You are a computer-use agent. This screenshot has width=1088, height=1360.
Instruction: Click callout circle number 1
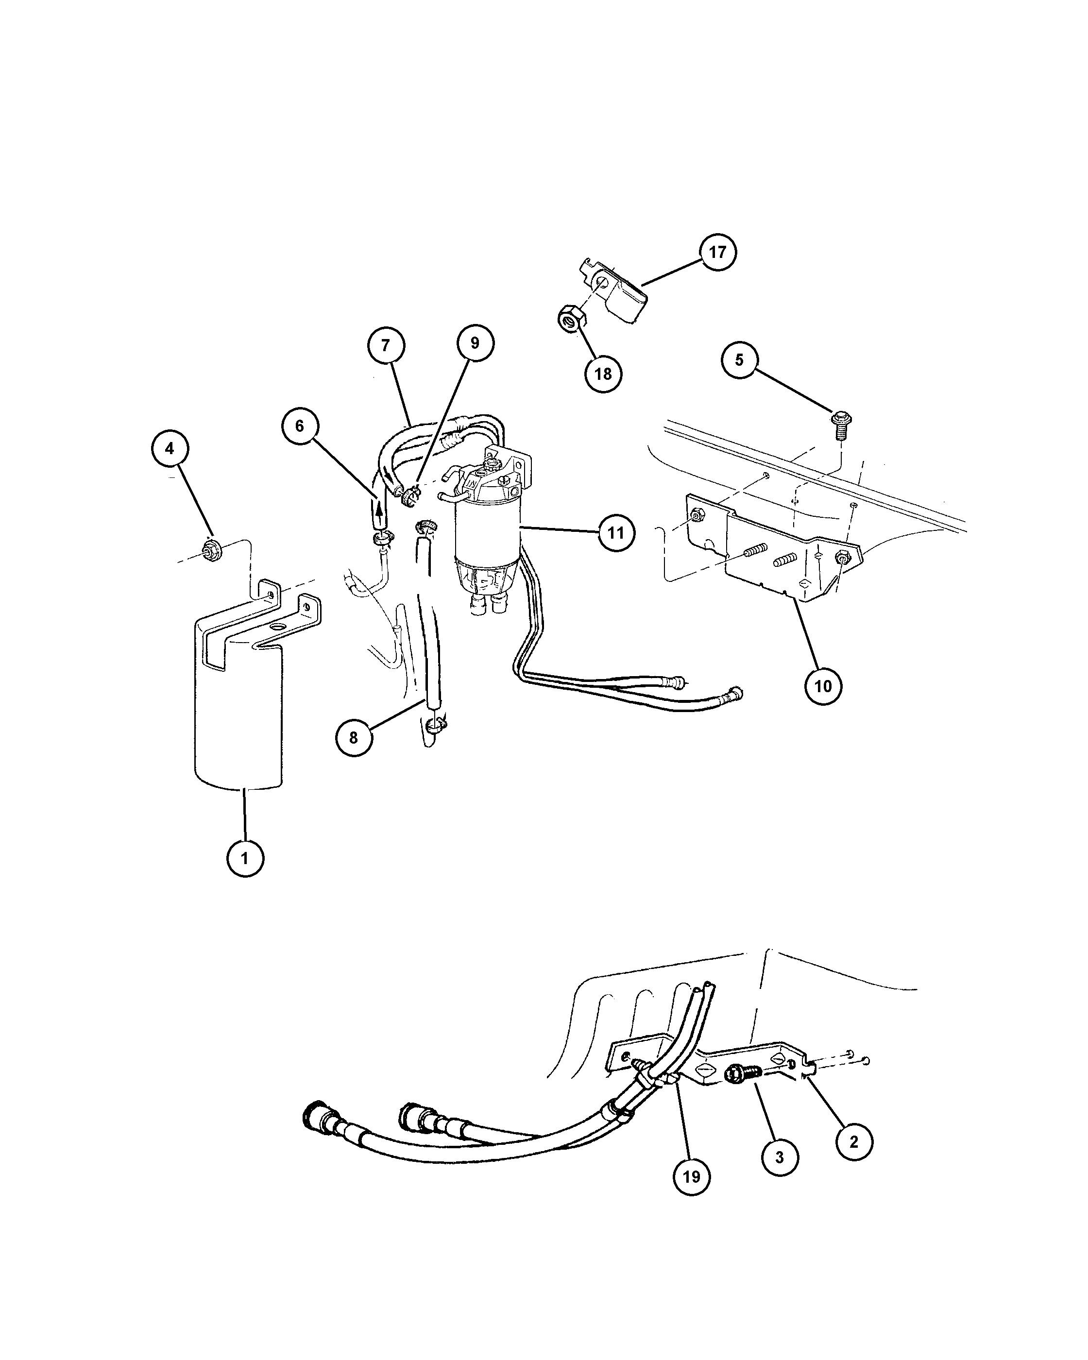(x=245, y=858)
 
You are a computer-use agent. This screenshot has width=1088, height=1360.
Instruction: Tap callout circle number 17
(x=717, y=252)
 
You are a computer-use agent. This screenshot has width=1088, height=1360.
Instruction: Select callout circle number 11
(x=615, y=533)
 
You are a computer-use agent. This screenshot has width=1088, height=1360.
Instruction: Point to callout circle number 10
(x=823, y=686)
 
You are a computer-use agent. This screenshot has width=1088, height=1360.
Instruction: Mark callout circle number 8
(x=353, y=737)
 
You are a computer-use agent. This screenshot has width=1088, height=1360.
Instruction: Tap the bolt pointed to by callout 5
(x=840, y=426)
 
